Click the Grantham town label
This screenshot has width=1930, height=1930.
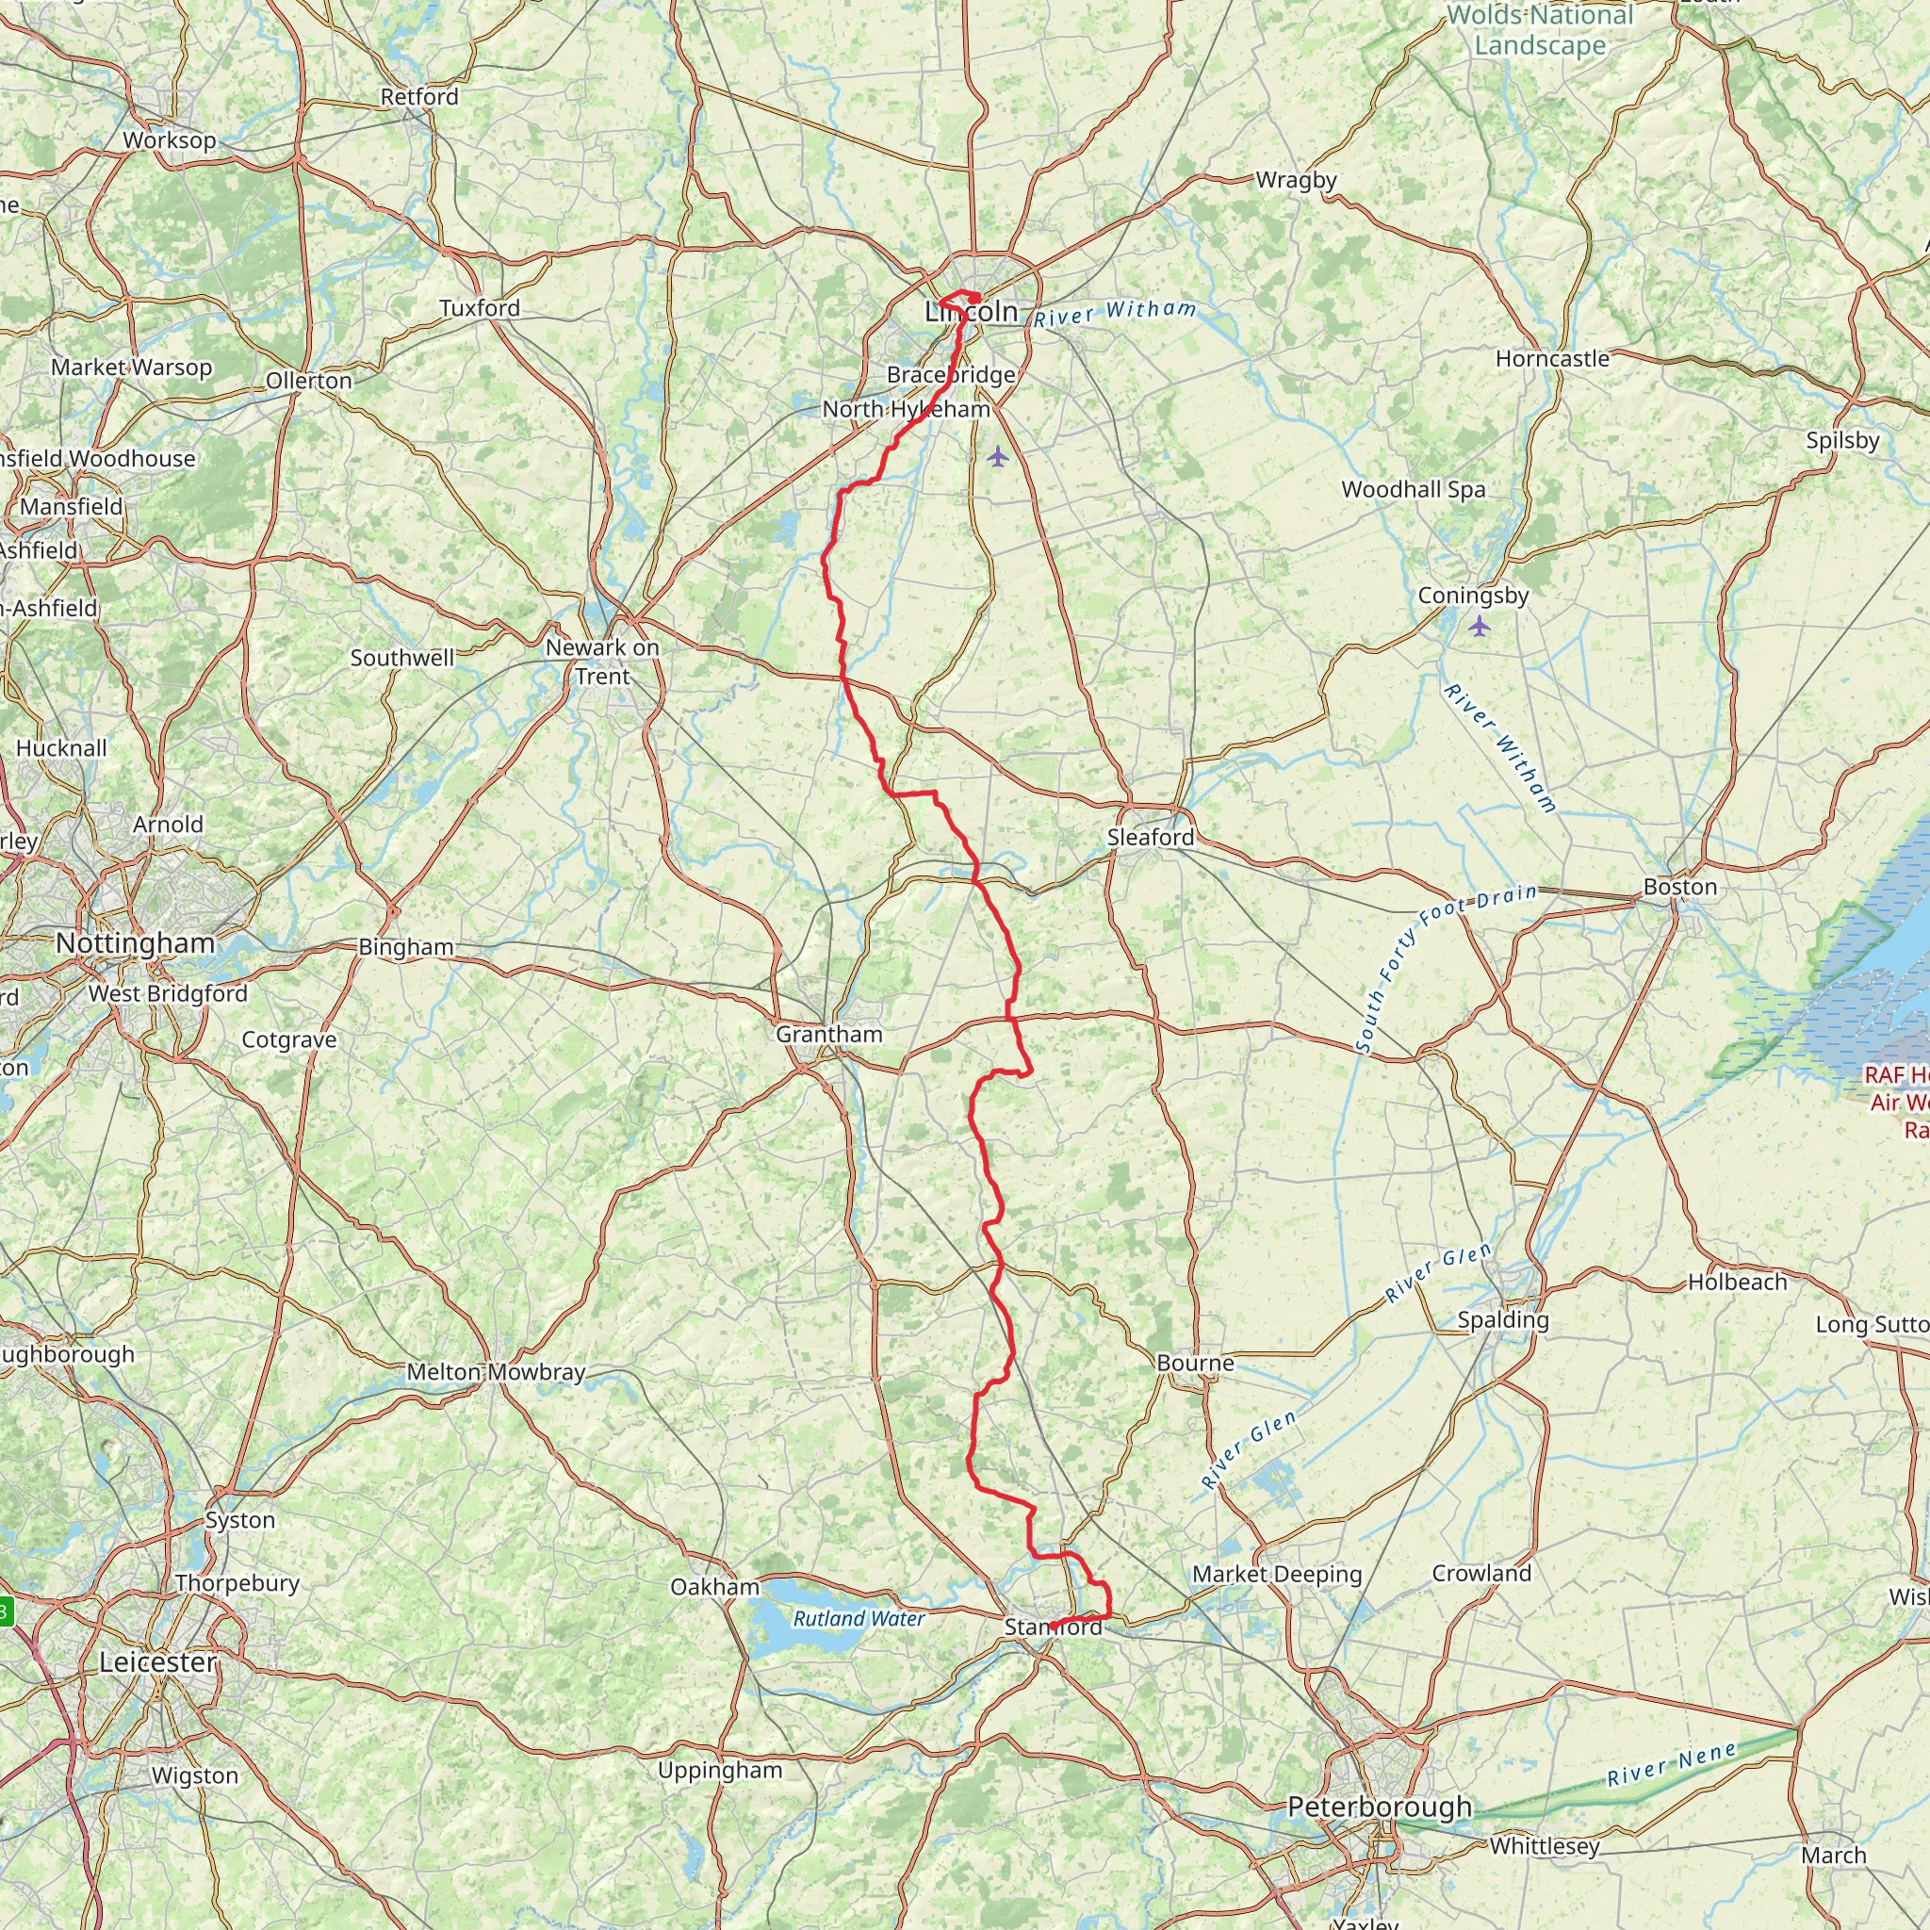click(829, 1034)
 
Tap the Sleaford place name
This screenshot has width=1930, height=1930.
click(1150, 837)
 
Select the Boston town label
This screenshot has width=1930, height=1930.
click(1680, 887)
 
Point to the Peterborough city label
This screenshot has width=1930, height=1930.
click(1379, 1807)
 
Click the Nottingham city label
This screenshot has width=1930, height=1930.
click(135, 943)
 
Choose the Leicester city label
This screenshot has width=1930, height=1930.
click(157, 1662)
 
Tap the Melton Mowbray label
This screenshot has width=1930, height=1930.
click(496, 1371)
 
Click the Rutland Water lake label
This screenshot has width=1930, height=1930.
click(859, 1618)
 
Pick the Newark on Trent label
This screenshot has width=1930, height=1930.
click(602, 662)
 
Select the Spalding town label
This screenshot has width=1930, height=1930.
click(1502, 1319)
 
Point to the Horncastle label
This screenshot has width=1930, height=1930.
click(1552, 359)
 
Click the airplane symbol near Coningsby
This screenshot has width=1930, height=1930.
click(1479, 627)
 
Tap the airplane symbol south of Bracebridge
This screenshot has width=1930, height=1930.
click(998, 456)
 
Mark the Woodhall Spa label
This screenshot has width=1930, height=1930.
click(1413, 489)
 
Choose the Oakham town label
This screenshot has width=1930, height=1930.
click(714, 1586)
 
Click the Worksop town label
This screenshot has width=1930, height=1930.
click(169, 139)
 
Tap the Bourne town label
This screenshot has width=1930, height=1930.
click(1195, 1363)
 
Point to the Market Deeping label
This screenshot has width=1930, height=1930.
click(1277, 1574)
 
